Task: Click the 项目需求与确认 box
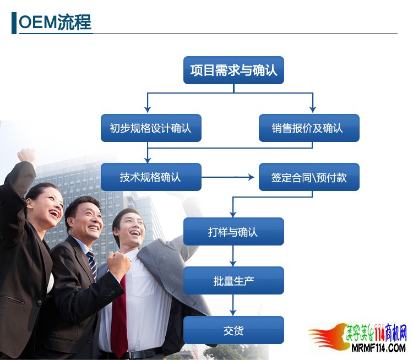233,70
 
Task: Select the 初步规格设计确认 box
151,128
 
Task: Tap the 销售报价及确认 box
309,128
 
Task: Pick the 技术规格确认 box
151,177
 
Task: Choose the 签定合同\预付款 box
309,177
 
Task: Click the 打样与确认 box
233,232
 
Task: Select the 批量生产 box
233,281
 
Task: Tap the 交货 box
233,330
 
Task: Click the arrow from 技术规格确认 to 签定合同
228,177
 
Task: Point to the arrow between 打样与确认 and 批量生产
233,256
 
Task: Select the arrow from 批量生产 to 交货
233,305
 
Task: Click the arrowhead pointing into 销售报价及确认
313,110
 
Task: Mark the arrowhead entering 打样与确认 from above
233,214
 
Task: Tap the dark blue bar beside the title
14,23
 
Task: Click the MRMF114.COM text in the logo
378,348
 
